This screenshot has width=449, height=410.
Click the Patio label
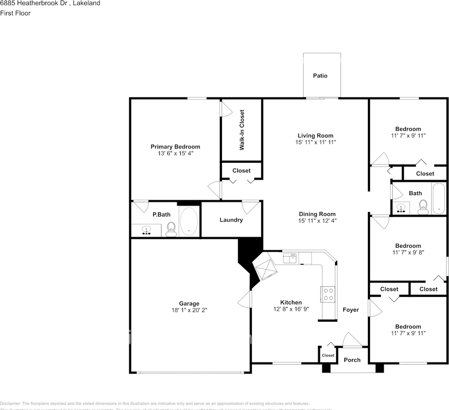[x=320, y=76]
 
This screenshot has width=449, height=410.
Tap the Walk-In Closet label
[x=242, y=130]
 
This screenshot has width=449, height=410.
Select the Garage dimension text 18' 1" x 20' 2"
[x=189, y=310]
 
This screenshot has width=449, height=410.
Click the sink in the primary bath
[x=146, y=231]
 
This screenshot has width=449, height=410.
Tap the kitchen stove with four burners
[x=327, y=294]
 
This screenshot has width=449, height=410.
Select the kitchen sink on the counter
[x=291, y=258]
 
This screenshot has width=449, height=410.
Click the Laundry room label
[x=231, y=220]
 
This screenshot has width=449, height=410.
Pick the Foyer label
[x=351, y=310]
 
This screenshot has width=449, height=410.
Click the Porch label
[x=352, y=360]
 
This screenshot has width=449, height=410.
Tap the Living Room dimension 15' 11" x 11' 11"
[x=315, y=142]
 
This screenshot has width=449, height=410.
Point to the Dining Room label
[x=317, y=214]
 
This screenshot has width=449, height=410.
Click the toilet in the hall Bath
[x=423, y=207]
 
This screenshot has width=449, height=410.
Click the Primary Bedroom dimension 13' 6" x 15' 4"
[x=175, y=153]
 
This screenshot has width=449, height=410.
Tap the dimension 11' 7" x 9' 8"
[x=408, y=252]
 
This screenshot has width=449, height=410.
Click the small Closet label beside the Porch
[x=328, y=355]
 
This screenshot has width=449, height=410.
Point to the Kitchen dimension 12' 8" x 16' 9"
[x=291, y=309]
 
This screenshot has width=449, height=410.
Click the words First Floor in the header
[x=15, y=13]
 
